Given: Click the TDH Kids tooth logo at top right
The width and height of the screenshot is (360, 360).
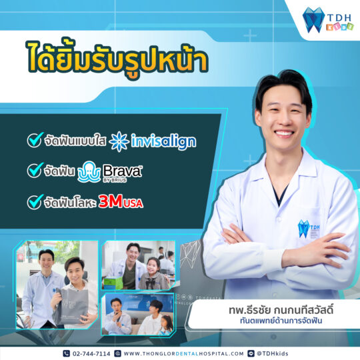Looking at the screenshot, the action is point(328,20).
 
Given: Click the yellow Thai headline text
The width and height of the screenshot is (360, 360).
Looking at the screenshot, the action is point(118,59).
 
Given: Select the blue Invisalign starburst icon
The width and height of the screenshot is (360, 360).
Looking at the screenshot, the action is point(119,141).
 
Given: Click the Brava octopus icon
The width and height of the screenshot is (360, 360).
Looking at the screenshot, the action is point(89,172).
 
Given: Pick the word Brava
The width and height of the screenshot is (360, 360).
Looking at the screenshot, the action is point(122,171).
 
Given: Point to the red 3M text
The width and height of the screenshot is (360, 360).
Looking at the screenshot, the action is point(111,201).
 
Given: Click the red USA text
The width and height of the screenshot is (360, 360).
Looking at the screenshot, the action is point(133,203).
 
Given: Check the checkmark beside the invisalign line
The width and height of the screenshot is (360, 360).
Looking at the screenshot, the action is point(35,140).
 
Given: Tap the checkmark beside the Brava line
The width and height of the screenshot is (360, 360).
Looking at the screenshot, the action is point(35,170).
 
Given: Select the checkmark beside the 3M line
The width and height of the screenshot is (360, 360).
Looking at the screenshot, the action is point(35,202).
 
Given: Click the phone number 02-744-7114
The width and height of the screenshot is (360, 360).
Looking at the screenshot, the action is point(91,353).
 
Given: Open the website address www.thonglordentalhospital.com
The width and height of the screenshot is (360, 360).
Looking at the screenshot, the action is point(184,353).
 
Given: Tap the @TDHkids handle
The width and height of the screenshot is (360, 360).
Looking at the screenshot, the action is point(272,353).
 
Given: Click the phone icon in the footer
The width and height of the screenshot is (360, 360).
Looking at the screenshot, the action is point(67,353).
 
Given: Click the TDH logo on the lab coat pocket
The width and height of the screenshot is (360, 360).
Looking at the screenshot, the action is point(309,229).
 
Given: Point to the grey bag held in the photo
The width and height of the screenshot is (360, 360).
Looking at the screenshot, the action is point(71,307).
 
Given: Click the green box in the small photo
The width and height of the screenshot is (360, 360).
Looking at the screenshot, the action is point(113,283).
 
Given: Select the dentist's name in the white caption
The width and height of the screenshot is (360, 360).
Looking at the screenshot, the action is point(281,310).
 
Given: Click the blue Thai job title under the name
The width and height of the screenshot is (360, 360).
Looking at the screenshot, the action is point(281,321).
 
